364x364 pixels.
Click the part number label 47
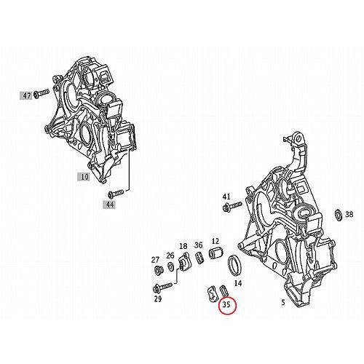27,95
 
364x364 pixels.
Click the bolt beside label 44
113,194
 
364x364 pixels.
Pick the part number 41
226,197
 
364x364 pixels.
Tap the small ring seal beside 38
339,215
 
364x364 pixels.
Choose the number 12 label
215,241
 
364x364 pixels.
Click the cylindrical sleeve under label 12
215,256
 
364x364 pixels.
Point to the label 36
198,245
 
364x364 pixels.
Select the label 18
183,246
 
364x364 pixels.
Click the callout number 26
170,256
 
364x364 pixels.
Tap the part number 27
155,260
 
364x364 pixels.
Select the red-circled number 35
227,306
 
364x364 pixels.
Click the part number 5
282,300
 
